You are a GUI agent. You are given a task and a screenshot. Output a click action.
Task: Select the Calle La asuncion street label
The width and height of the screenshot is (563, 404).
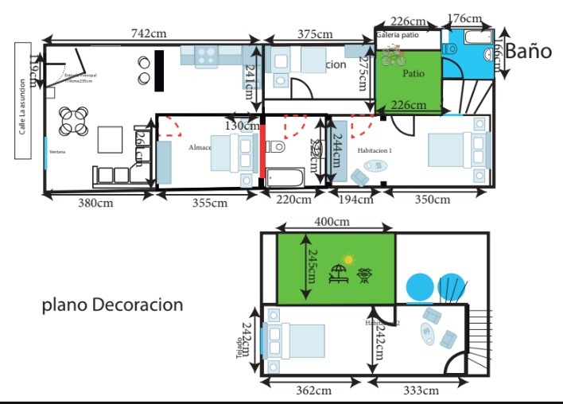[22, 107]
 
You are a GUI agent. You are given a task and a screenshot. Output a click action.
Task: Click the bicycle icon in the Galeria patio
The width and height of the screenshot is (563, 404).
[392, 56]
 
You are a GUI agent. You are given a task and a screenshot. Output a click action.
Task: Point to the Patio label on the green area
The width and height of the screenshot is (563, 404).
[413, 73]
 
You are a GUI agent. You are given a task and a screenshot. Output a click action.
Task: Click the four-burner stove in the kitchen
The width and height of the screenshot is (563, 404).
[207, 56]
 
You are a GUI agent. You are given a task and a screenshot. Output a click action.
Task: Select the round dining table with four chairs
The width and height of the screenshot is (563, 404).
[73, 121]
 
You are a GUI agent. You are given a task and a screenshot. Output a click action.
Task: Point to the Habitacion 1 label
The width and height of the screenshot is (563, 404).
[375, 150]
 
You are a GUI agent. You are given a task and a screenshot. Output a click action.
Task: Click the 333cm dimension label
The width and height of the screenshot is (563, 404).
[420, 390]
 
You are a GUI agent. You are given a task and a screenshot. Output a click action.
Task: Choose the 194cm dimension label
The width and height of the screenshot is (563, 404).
[355, 200]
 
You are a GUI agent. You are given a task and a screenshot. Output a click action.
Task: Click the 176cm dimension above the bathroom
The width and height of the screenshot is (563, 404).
[464, 18]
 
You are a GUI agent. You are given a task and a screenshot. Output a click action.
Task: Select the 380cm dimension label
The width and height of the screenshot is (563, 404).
[94, 203]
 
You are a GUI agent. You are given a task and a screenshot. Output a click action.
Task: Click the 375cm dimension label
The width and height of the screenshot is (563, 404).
[315, 33]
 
